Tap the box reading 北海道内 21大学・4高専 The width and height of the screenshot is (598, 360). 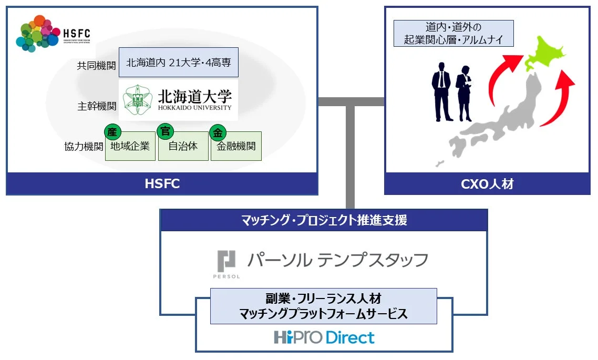178,63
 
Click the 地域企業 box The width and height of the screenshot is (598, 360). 130,146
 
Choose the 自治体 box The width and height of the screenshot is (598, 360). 183,146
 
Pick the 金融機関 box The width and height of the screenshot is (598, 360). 236,146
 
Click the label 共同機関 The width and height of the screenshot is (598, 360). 96,66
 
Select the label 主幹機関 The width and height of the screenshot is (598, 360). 96,106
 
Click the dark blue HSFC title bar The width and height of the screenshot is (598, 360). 162,184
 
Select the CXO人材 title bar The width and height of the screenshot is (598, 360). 487,184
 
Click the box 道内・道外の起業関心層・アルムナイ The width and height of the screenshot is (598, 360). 453,33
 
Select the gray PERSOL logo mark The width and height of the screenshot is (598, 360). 227,261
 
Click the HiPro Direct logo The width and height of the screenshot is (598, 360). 324,337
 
